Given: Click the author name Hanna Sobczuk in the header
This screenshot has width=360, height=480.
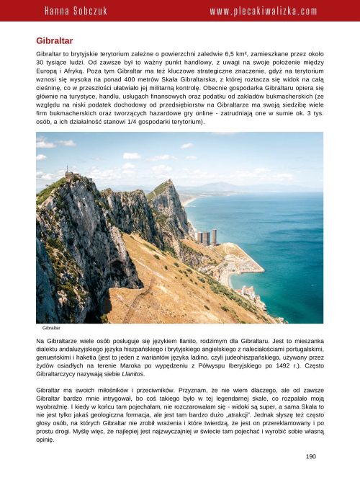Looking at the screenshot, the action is (x=76, y=12).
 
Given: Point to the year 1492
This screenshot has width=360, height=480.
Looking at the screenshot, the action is (x=271, y=365).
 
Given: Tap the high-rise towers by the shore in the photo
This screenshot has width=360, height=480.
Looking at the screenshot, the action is (x=204, y=237).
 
